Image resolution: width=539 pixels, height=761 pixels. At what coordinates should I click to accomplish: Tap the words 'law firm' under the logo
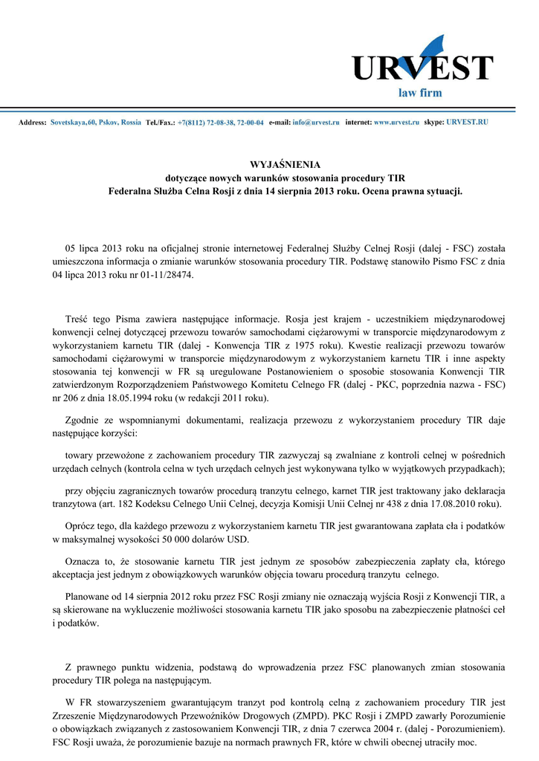click(x=420, y=93)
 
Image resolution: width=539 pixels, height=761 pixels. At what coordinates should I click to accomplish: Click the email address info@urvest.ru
click(x=315, y=121)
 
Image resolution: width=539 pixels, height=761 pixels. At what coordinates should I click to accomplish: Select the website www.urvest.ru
click(x=396, y=121)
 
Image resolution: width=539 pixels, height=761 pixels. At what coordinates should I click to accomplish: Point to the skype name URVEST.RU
click(x=467, y=121)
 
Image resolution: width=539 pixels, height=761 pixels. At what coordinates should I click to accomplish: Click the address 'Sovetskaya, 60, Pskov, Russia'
click(x=95, y=121)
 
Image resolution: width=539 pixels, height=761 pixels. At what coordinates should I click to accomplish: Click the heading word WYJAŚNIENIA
click(x=284, y=165)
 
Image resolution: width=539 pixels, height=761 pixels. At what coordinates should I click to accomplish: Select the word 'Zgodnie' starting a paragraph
click(x=83, y=420)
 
